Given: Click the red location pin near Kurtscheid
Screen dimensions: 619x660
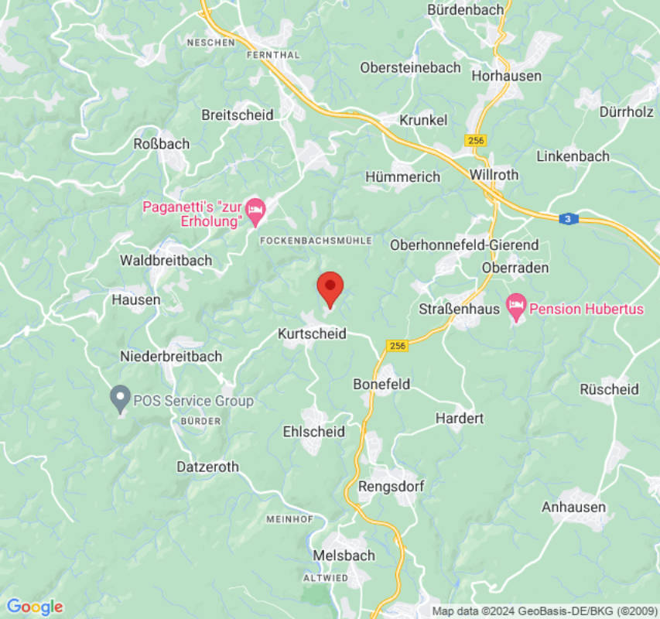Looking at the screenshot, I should pyautogui.click(x=330, y=288).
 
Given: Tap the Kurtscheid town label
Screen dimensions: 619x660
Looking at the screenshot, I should pyautogui.click(x=312, y=334).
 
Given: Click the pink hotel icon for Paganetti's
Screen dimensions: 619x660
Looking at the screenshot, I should pyautogui.click(x=255, y=209).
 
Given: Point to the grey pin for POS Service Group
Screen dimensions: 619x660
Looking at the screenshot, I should pyautogui.click(x=120, y=398).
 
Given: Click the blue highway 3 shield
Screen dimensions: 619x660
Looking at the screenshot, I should pyautogui.click(x=569, y=219).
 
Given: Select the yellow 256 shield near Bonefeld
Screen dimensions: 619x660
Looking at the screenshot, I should pyautogui.click(x=398, y=345).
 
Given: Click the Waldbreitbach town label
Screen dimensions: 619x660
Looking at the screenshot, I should pyautogui.click(x=166, y=261).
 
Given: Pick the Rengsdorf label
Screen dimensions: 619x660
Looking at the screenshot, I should pyautogui.click(x=391, y=487).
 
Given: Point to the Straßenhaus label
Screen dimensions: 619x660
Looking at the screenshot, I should pyautogui.click(x=460, y=309).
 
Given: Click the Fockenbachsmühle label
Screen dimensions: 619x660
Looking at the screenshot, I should pyautogui.click(x=316, y=241).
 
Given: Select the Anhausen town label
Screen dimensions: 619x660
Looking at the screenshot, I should pyautogui.click(x=573, y=508).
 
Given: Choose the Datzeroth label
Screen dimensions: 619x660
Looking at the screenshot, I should pyautogui.click(x=207, y=467).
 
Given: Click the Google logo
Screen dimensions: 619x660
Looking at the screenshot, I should pyautogui.click(x=34, y=607).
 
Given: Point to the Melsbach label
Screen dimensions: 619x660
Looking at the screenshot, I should pyautogui.click(x=344, y=556).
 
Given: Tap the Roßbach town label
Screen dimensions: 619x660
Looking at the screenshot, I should pyautogui.click(x=161, y=143).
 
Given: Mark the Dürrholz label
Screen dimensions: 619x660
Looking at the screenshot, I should pyautogui.click(x=626, y=111).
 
